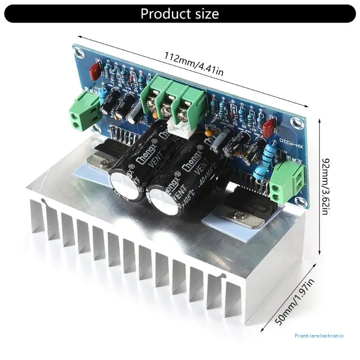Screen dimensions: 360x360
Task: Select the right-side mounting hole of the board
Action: pyautogui.click(x=295, y=122)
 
